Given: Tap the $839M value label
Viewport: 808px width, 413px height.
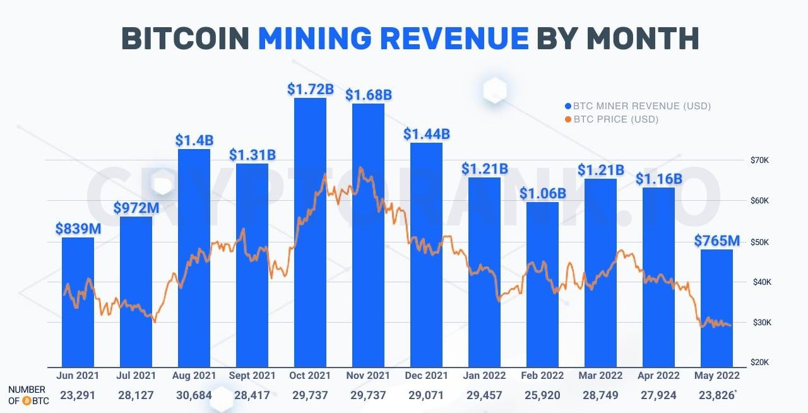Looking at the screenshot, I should [x=78, y=229].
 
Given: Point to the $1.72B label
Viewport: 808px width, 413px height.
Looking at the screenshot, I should [x=310, y=89].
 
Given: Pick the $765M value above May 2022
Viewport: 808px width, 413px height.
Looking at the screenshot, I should [x=717, y=241].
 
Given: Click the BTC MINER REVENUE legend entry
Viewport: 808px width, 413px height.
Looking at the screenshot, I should [x=638, y=106].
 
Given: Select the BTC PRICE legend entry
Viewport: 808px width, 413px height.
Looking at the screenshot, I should [x=612, y=119].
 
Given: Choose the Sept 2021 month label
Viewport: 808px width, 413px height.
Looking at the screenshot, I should [x=252, y=376].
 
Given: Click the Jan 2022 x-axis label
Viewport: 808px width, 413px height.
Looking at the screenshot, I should [x=485, y=376].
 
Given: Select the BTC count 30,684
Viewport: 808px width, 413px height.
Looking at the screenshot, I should [x=194, y=395].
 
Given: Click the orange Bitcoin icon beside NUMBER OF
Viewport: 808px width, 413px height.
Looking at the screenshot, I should [x=27, y=400].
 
